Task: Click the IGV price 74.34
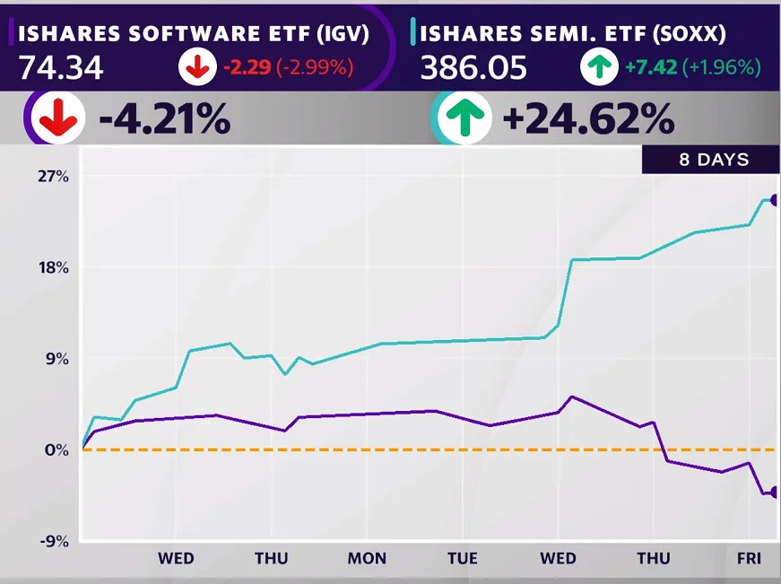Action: [x=60, y=68]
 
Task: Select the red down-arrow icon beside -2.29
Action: [x=196, y=67]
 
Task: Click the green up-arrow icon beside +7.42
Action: [x=599, y=67]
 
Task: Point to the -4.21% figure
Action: [x=165, y=118]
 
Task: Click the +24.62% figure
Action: [x=588, y=118]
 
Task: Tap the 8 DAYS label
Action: [x=712, y=161]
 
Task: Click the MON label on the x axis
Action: [x=367, y=558]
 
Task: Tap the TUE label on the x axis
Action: [x=463, y=558]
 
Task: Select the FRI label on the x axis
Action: [x=749, y=558]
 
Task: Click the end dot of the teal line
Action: [x=776, y=200]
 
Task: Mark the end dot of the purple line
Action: [x=776, y=492]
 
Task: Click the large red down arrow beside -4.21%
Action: [x=58, y=118]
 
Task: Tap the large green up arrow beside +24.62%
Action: [x=460, y=118]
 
